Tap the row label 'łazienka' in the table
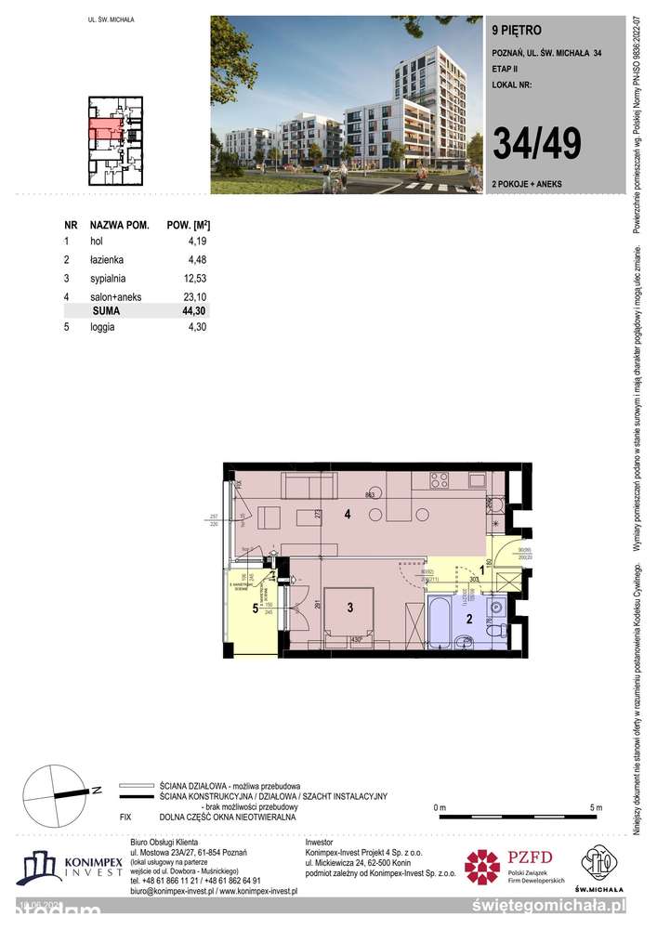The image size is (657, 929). (107, 259)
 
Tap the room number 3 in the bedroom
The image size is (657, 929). (348, 608)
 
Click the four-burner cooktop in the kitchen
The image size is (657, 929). (438, 480)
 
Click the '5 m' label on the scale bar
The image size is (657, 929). (596, 805)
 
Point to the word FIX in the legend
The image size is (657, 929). (126, 817)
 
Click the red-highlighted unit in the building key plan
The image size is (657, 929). (105, 129)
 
